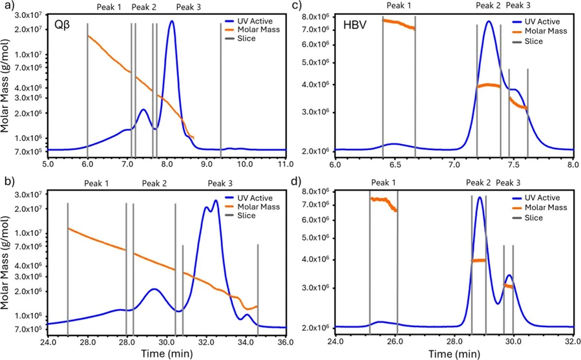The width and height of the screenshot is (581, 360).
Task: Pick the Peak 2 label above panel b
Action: point(154,184)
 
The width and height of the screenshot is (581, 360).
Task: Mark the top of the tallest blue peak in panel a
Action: point(171,21)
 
